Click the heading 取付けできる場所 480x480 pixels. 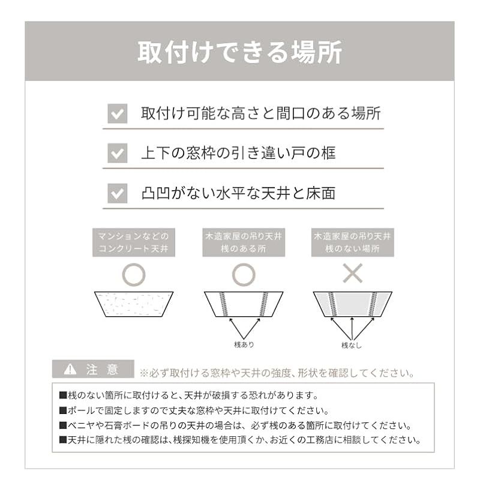239,53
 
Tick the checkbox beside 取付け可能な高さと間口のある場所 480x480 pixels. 117,113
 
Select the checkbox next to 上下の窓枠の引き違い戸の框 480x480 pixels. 117,153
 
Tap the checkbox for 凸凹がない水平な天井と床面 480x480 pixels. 117,193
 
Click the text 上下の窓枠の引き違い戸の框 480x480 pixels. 238,153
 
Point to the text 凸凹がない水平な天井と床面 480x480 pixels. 238,193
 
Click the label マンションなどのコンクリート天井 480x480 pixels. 133,242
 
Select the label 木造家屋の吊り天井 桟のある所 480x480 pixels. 242,242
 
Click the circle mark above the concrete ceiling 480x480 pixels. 133,274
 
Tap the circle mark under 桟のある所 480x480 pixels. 242,274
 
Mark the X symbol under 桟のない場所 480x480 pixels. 352,274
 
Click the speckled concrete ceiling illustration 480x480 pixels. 133,304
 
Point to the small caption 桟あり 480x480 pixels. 244,344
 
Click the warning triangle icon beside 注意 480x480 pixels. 70,369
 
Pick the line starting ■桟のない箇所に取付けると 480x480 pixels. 188,396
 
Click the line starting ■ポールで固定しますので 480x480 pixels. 194,411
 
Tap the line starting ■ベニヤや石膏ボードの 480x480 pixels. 235,425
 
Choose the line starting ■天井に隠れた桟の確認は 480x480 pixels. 238,440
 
